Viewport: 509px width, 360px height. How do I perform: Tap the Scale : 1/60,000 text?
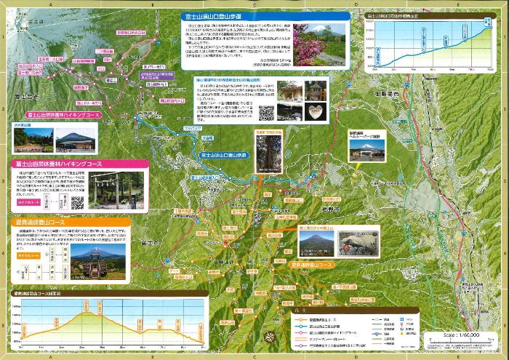click(x=460, y=335)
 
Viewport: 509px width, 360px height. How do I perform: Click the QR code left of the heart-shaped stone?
click(x=267, y=113)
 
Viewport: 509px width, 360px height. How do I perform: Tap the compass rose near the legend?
click(x=270, y=336)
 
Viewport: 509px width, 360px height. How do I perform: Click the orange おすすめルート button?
click(x=28, y=255)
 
